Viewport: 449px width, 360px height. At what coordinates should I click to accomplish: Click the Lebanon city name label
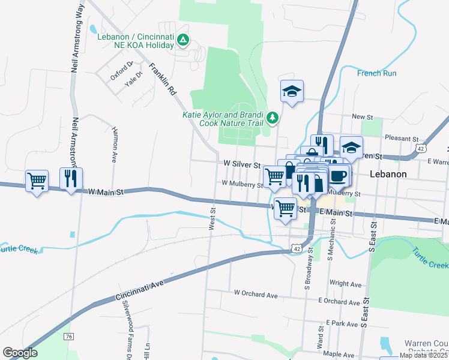pyautogui.click(x=388, y=174)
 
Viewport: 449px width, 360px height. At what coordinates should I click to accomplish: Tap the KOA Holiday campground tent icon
pyautogui.click(x=184, y=41)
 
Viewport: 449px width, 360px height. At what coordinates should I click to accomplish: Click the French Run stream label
pyautogui.click(x=377, y=73)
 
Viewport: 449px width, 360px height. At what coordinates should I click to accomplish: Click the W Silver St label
pyautogui.click(x=241, y=164)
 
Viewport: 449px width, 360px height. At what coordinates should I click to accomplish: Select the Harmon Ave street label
pyautogui.click(x=114, y=145)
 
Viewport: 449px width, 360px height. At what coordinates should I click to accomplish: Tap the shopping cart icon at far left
pyautogui.click(x=37, y=180)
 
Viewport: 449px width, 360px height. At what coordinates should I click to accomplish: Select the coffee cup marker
pyautogui.click(x=338, y=175)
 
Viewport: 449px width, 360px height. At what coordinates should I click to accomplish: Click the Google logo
pyautogui.click(x=20, y=353)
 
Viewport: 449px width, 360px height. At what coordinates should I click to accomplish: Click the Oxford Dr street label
pyautogui.click(x=121, y=72)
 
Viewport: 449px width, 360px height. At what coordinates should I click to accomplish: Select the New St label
pyautogui.click(x=363, y=116)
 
